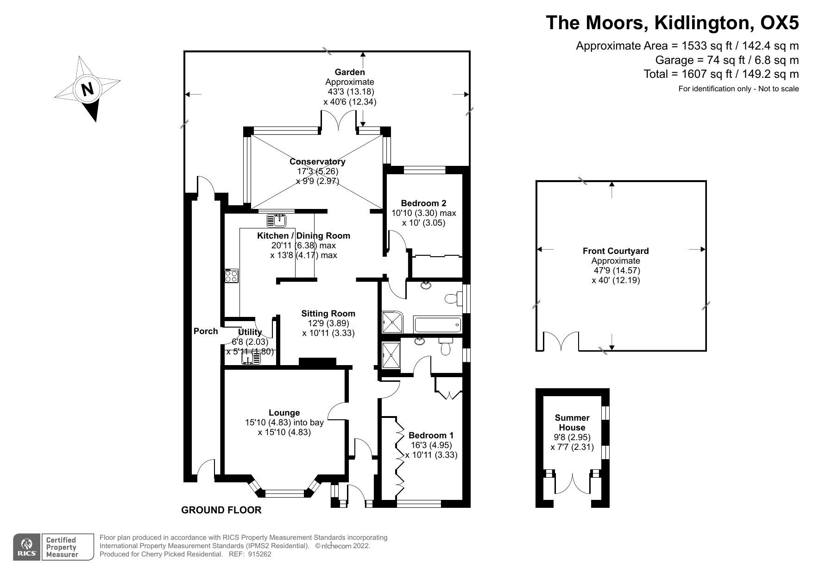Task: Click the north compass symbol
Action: coord(88,88)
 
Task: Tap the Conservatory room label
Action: coord(317,162)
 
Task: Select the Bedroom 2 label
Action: coord(423,203)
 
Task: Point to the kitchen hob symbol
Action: coord(231,276)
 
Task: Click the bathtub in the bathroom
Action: coord(438,324)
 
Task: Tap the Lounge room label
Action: coord(284,412)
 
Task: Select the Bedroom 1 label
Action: coord(431,435)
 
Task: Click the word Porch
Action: coord(206,331)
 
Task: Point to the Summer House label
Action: coord(572,423)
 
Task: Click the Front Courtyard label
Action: coord(616,251)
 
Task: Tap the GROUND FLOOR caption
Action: coord(221,510)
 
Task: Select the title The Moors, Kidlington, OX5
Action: coord(673,22)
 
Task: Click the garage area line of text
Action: coord(727,60)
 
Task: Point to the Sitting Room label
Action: coord(328,313)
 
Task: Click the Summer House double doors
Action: coord(572,485)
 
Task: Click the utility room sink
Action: coord(251,358)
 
